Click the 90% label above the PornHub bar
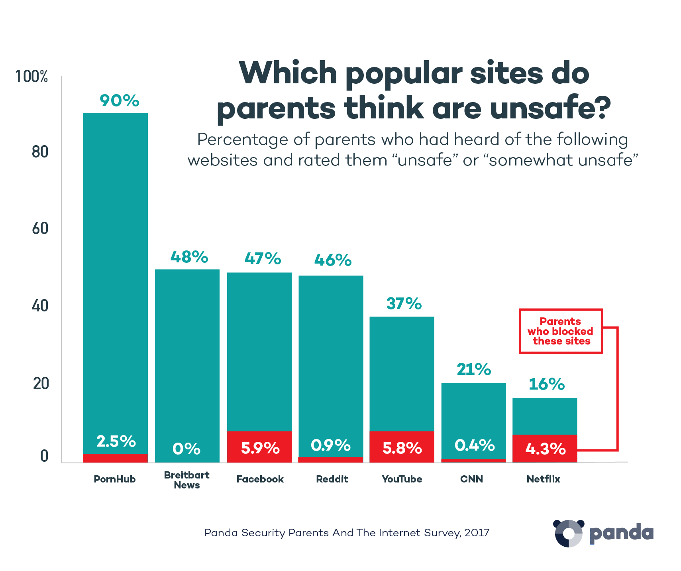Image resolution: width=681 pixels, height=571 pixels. coord(119,100)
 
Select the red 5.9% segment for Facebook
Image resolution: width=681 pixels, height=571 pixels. coord(259,447)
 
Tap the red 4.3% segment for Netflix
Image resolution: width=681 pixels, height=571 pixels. coord(545,448)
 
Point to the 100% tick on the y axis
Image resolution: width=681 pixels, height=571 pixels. coord(31,77)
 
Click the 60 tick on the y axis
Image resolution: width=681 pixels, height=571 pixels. coord(40,228)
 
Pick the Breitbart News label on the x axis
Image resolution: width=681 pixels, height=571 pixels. coord(186,480)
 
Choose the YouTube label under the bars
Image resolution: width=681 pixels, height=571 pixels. coord(402,479)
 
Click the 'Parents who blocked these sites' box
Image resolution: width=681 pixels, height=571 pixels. coord(561,331)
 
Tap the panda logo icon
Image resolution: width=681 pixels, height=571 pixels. coord(569,533)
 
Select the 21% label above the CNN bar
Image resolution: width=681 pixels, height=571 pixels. coord(474,370)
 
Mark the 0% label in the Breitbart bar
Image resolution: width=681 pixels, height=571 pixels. coord(186,449)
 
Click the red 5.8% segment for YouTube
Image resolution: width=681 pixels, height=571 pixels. coord(402,447)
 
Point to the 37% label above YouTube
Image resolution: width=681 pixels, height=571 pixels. coord(404,304)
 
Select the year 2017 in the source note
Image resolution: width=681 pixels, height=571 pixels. coord(477,533)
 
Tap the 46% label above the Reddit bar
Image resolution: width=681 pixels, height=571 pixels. coord(333,260)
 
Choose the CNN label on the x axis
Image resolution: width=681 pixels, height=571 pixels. coord(471,479)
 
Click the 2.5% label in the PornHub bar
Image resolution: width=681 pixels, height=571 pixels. coord(116,441)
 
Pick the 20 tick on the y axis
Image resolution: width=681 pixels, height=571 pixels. coord(41,384)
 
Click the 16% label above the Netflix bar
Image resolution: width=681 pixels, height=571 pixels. coord(546,384)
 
